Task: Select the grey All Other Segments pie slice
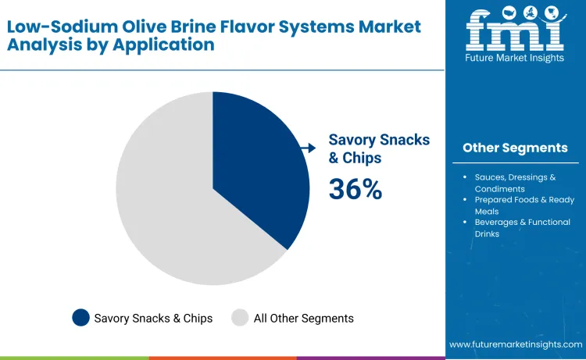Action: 172,211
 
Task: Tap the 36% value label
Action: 355,188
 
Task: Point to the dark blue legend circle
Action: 80,318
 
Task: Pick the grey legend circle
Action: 240,318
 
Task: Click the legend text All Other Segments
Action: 303,318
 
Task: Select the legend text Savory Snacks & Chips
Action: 153,318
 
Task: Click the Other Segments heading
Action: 515,148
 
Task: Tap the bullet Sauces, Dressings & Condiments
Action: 515,183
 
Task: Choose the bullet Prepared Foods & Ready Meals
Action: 515,205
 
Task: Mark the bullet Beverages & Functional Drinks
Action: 515,227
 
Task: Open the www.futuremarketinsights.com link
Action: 516,344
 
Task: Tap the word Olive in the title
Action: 151,26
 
